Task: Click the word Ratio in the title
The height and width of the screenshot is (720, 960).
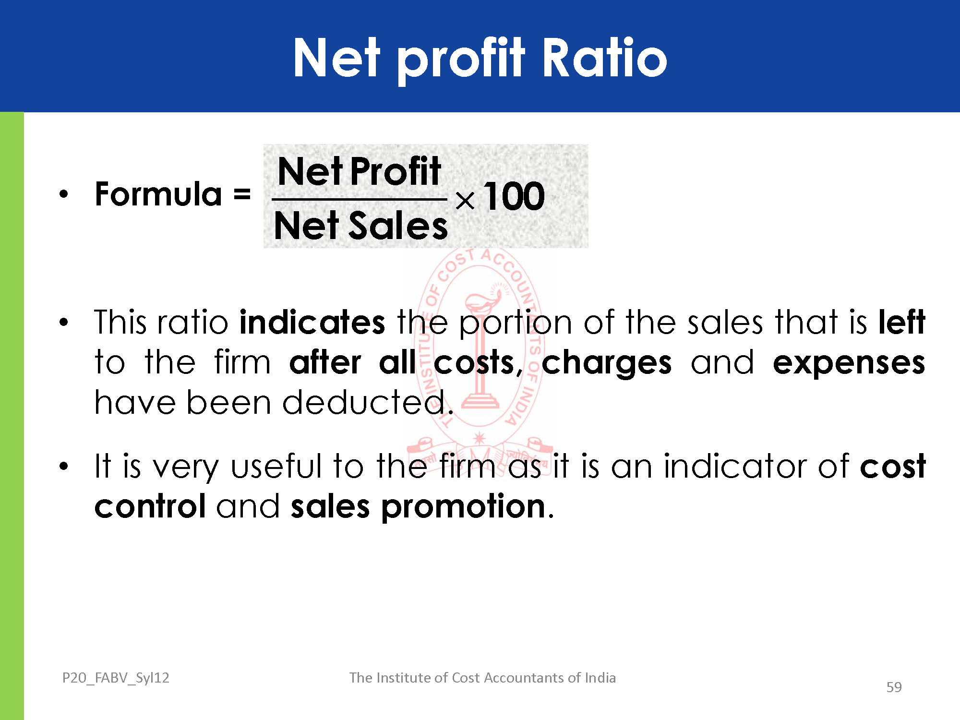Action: point(605,58)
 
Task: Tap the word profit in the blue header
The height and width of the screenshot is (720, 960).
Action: point(461,60)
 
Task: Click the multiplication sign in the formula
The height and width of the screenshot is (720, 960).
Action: point(465,201)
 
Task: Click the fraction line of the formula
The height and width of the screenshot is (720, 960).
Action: point(359,199)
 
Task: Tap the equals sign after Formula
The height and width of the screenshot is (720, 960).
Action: point(242,194)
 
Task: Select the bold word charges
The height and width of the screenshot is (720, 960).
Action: point(607,363)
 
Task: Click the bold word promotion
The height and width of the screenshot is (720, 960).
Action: point(464,508)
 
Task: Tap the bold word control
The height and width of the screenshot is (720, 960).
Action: point(150,506)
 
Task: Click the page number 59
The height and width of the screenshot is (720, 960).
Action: point(894,687)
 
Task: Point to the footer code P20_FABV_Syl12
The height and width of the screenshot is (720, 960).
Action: point(116,678)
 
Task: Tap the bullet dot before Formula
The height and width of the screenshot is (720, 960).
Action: point(64,194)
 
